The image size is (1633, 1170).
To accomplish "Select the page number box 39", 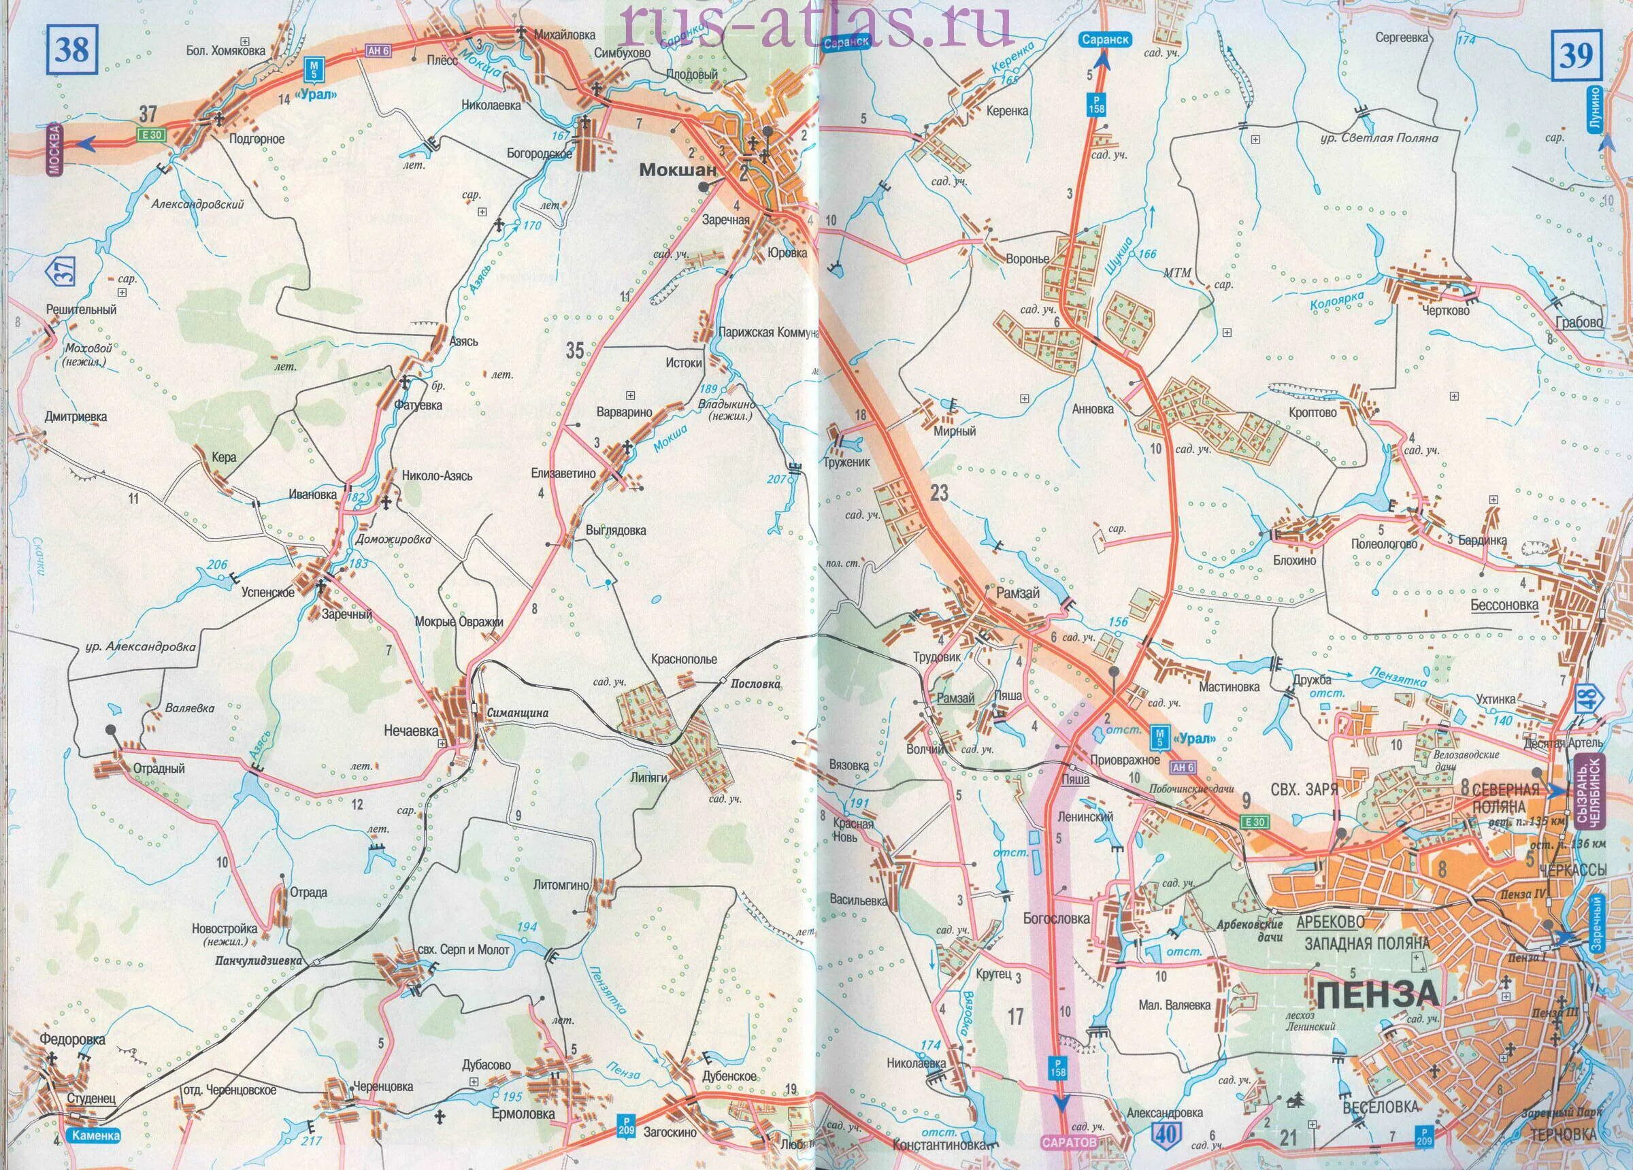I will pos(1575,56).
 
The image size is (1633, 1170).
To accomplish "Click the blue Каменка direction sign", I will pos(95,1136).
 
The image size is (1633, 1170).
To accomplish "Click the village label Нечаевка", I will pos(410,731).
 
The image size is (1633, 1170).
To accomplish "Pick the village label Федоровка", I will pos(74,1039).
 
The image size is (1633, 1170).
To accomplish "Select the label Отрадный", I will pos(159,769).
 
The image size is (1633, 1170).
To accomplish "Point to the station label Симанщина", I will pos(517,713).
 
